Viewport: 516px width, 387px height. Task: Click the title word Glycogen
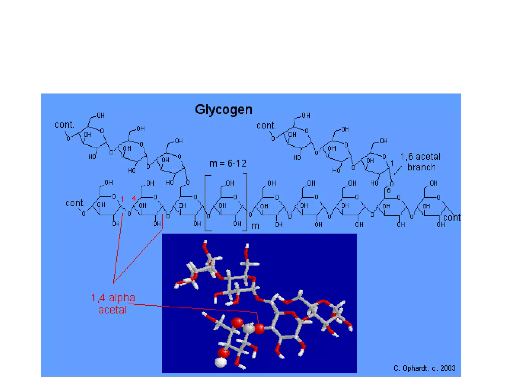[x=223, y=110]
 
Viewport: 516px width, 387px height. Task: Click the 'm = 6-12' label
[x=228, y=164]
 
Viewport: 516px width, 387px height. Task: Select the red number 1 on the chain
[x=122, y=199]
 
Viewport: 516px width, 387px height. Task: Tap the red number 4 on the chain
[x=134, y=199]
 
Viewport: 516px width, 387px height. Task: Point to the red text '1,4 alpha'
[x=113, y=298]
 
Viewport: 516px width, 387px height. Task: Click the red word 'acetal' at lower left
[x=112, y=310]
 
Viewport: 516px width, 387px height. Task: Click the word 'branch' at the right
[x=421, y=167]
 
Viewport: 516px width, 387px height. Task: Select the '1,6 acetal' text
[x=420, y=156]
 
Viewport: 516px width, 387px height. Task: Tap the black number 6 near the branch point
[x=389, y=191]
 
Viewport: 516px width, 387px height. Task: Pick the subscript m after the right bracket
[x=255, y=226]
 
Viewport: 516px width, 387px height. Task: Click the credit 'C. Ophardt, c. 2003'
[x=424, y=368]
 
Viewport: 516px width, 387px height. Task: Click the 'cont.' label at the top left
[x=64, y=125]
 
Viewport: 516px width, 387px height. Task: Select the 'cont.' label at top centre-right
[x=266, y=125]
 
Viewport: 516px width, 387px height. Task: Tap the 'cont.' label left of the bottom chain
[x=75, y=203]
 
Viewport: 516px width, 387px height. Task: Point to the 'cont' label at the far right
[x=452, y=217]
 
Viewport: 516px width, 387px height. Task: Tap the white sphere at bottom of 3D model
[x=221, y=362]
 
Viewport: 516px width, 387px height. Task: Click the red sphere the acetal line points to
[x=259, y=329]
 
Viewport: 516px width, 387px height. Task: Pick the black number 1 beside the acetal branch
[x=392, y=163]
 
